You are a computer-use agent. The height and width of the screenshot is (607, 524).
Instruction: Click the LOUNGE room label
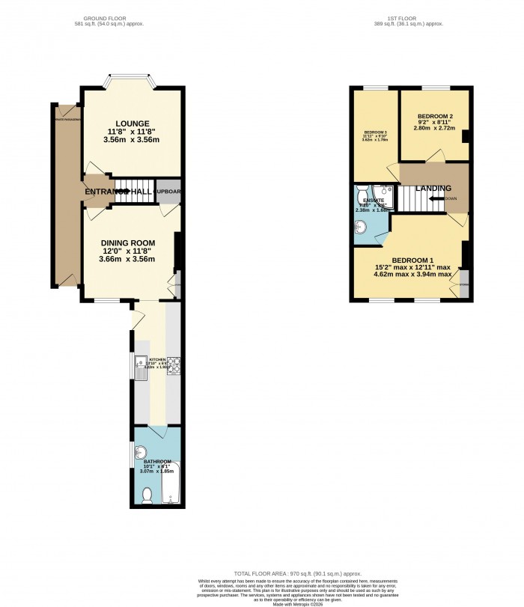coord(132,123)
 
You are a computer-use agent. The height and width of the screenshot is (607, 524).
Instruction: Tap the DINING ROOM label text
coord(128,243)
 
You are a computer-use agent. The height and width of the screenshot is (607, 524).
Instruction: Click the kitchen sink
coord(141,366)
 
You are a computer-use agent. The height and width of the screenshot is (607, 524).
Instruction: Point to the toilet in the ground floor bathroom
coord(147,495)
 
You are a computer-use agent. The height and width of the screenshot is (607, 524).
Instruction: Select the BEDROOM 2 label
coord(434,116)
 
